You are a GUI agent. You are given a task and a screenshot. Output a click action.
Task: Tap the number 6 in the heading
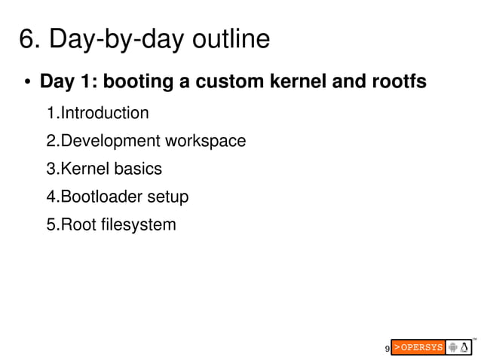27,39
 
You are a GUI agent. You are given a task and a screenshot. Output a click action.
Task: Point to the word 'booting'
138,81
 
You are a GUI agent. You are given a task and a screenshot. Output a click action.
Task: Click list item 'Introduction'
104,114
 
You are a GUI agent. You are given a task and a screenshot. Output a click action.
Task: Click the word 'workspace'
205,142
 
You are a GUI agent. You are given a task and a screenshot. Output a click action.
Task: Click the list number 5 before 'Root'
51,224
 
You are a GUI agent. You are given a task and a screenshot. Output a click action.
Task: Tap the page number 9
387,349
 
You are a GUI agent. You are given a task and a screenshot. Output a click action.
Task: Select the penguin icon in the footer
465,347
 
